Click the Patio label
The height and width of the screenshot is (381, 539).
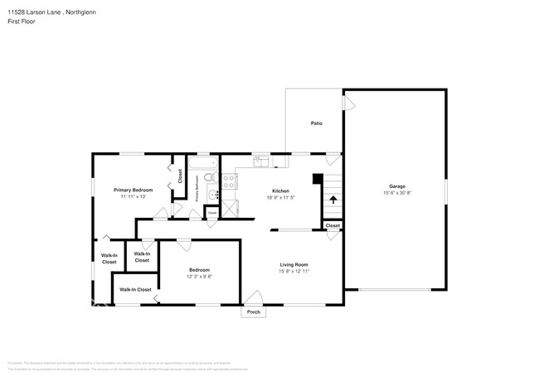pos(316,123)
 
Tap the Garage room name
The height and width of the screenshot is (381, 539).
pos(397,186)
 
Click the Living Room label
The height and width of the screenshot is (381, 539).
pos(294,264)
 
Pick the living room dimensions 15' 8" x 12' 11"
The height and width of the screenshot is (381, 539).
pos(294,271)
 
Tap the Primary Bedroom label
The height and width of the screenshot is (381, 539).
pos(133,190)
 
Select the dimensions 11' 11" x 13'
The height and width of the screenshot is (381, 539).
pos(133,197)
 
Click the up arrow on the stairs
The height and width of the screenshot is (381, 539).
pos(333,199)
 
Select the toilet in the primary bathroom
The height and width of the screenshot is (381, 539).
pos(211,177)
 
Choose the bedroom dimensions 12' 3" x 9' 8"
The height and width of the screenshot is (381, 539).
pos(199,277)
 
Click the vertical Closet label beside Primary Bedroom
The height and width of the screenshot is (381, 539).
pos(180,176)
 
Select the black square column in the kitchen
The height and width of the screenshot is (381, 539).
pos(317,177)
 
